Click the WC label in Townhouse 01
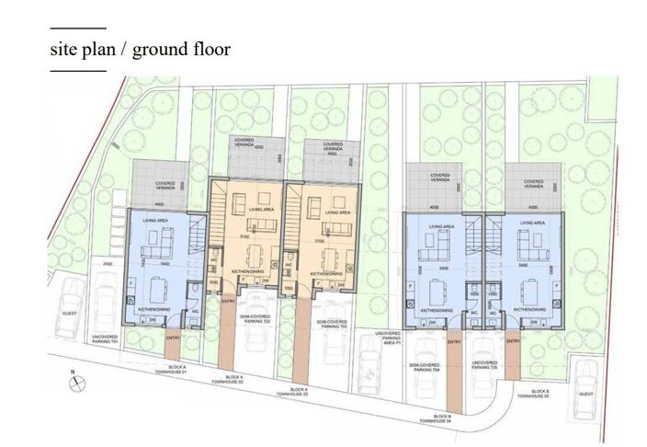click(196, 311)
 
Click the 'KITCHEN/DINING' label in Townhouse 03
click(325, 273)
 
